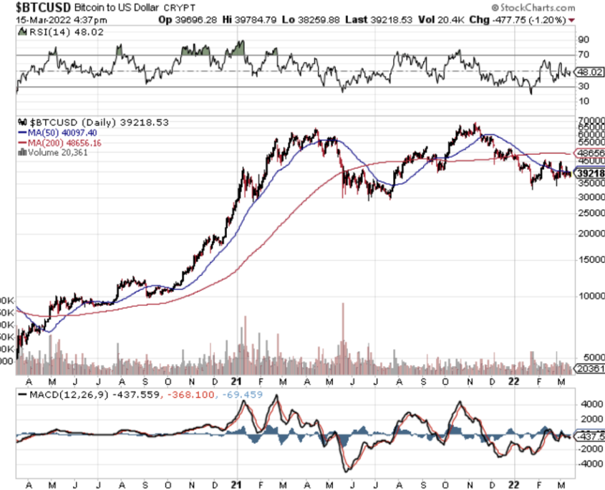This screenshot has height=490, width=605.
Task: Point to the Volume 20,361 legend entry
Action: tap(56, 153)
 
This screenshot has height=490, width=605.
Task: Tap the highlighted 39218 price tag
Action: tap(591, 173)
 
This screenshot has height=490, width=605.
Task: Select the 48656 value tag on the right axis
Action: tap(591, 153)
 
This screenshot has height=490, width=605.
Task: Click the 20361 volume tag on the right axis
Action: tap(591, 369)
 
